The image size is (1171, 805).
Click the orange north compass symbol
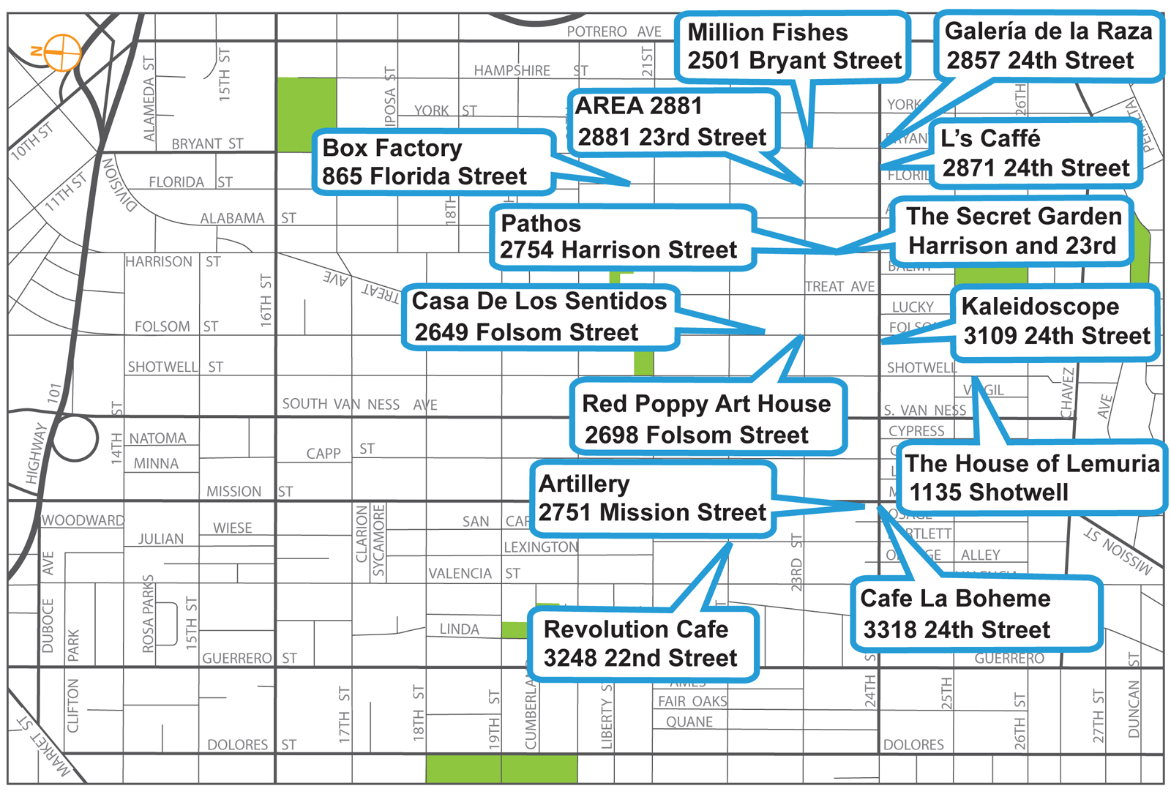(61, 52)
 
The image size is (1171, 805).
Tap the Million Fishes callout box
(793, 46)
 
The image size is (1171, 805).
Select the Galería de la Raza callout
(1048, 45)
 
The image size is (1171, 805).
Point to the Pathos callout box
(623, 237)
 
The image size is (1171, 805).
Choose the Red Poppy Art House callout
(708, 419)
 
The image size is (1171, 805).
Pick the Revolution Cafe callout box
(642, 643)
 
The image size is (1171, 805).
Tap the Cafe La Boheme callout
(976, 613)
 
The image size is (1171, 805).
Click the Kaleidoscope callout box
(1055, 321)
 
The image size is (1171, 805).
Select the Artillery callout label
(652, 498)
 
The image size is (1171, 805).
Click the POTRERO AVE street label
(614, 31)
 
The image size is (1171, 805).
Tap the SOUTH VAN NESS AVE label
(359, 404)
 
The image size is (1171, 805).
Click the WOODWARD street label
(83, 520)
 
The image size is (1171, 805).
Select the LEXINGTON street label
(540, 547)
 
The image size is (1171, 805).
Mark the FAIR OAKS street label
(692, 701)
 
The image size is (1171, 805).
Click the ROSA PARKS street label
(149, 613)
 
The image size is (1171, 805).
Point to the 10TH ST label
(32, 141)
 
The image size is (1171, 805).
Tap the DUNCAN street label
(1134, 708)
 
